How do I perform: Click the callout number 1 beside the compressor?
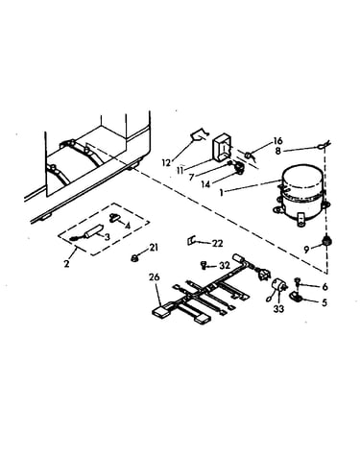[x=221, y=193]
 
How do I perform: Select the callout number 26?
[x=154, y=277]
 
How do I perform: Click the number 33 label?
[x=278, y=309]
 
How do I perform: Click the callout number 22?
[x=217, y=244]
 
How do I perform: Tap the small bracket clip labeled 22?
[x=191, y=241]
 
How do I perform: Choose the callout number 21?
[x=154, y=248]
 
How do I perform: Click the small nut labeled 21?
[x=134, y=257]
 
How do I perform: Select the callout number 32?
[x=225, y=265]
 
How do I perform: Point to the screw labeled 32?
[x=204, y=265]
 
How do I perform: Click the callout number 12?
[x=166, y=162]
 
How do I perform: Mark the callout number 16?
[x=277, y=140]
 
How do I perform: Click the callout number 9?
[x=306, y=250]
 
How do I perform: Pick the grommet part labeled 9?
[x=326, y=241]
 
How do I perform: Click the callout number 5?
[x=324, y=302]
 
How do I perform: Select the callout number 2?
[x=66, y=264]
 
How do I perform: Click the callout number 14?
[x=205, y=184]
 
